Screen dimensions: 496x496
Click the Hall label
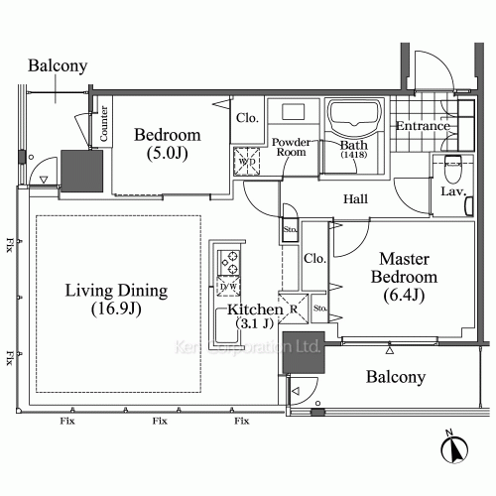(x=355, y=199)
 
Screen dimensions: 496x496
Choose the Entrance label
(x=423, y=126)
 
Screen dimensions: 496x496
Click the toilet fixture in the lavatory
(x=452, y=164)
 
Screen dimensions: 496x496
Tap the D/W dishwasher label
(x=227, y=288)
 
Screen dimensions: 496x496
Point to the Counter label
(x=103, y=123)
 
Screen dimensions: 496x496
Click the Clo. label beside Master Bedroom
(x=315, y=259)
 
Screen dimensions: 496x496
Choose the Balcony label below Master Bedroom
(x=396, y=377)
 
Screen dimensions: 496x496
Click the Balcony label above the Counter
(x=58, y=66)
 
